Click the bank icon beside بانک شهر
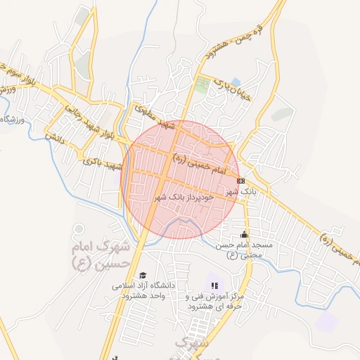(x=241, y=180)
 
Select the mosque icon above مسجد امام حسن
(x=245, y=234)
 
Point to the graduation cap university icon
(x=143, y=275)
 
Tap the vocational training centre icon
(x=215, y=285)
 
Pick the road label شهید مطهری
(x=157, y=117)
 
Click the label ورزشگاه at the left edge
(x=13, y=120)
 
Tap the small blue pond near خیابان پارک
(x=236, y=82)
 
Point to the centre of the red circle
(x=181, y=179)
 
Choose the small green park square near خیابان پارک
(x=202, y=86)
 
